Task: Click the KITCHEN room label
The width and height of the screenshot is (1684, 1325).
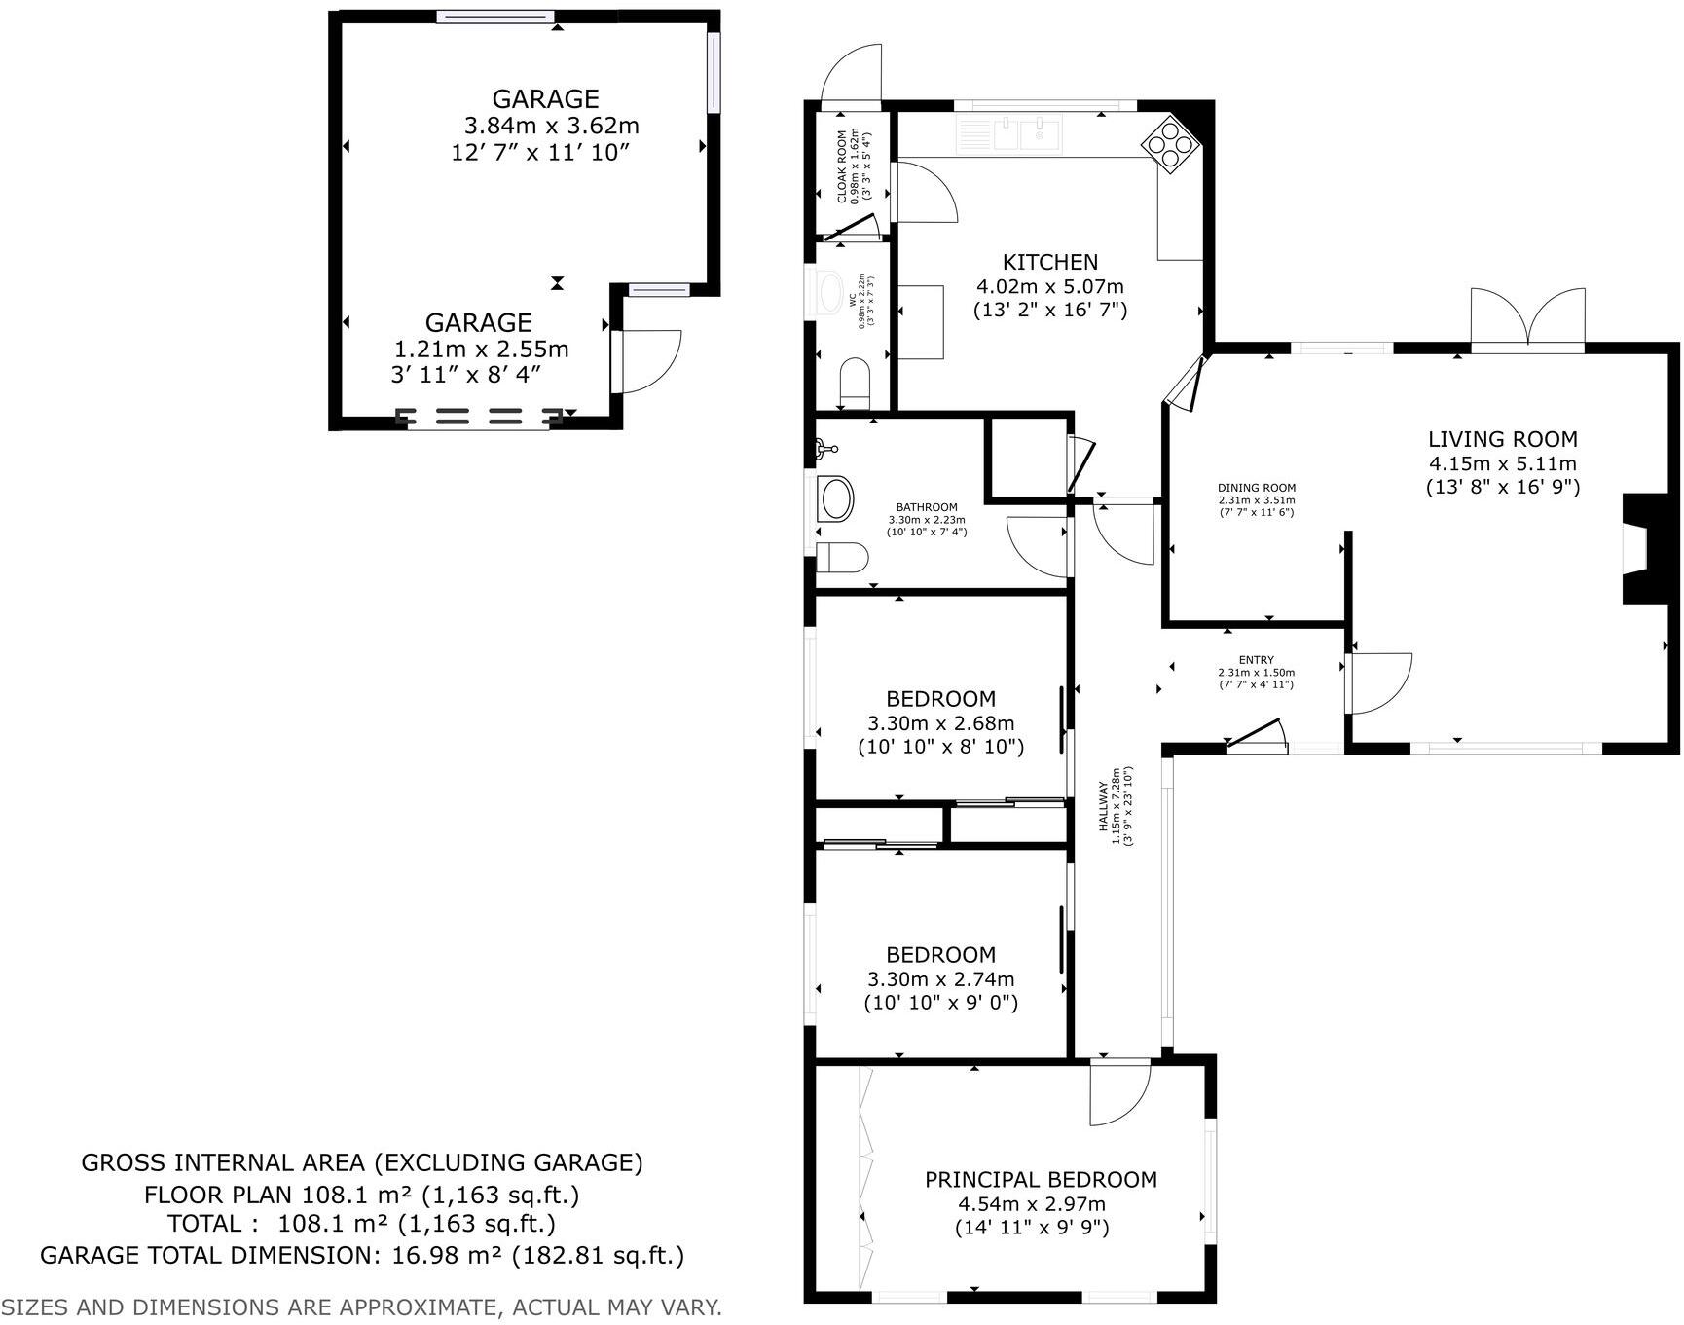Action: [1049, 262]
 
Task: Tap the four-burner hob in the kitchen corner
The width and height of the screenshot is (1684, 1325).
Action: [1171, 143]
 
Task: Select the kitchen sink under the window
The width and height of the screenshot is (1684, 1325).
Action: [1020, 134]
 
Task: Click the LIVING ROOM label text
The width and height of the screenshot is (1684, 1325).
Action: [1502, 439]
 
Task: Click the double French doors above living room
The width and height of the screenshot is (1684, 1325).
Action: [1527, 318]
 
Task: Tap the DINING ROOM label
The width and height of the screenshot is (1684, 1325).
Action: [1256, 489]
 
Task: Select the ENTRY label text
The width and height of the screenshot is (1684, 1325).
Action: [1256, 660]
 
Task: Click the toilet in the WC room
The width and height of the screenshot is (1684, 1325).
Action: [854, 382]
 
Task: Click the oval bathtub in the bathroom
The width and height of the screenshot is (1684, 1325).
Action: [836, 499]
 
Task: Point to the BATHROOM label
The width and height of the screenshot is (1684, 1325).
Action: [926, 507]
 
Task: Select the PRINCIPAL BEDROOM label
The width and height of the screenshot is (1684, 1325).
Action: [1041, 1180]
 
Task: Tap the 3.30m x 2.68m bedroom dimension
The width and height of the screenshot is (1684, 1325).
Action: [940, 723]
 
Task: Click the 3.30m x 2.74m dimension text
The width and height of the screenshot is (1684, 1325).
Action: [940, 979]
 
